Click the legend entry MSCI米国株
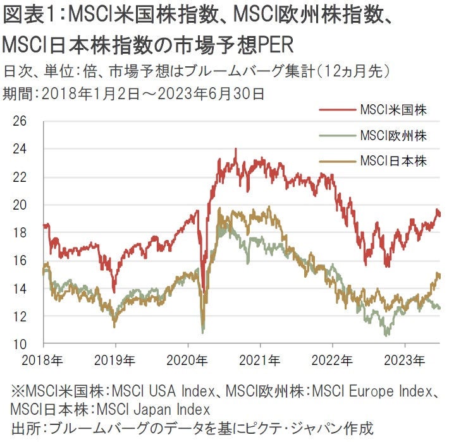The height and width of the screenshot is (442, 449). point(392,110)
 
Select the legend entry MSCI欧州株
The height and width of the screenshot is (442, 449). point(392,135)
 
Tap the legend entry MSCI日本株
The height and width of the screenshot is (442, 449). point(392,160)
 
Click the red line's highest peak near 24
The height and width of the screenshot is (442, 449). point(236,150)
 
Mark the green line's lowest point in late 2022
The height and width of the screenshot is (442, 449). point(386,335)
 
